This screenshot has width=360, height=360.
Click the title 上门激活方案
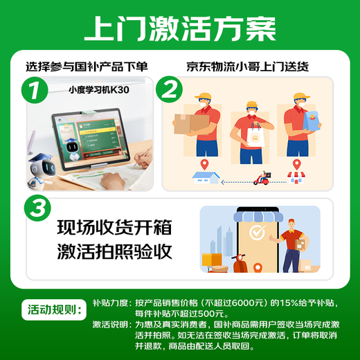click(x=180, y=29)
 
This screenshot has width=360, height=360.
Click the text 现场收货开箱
click(x=114, y=228)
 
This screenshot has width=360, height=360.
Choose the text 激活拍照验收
click(x=114, y=252)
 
